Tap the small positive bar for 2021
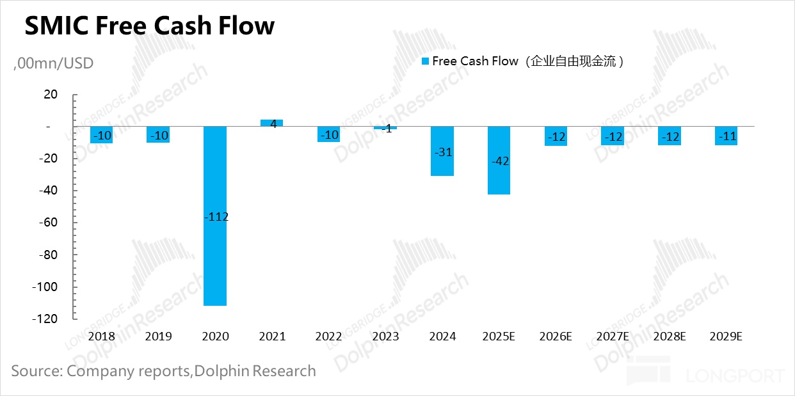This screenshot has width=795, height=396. tap(271, 123)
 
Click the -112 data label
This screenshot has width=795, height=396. tap(216, 217)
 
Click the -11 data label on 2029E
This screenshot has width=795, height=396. tap(726, 136)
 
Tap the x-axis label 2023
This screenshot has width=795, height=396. tap(385, 337)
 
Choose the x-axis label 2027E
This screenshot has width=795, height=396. tap(613, 337)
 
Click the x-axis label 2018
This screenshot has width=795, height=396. tap(102, 337)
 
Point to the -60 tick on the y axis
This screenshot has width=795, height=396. tap(48, 223)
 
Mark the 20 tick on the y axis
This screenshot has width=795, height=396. tap(50, 95)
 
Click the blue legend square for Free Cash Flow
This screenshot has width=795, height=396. tap(425, 61)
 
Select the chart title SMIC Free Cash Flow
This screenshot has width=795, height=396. tap(149, 26)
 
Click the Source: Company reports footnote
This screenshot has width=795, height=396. tap(163, 371)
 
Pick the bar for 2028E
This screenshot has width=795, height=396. tap(670, 136)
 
